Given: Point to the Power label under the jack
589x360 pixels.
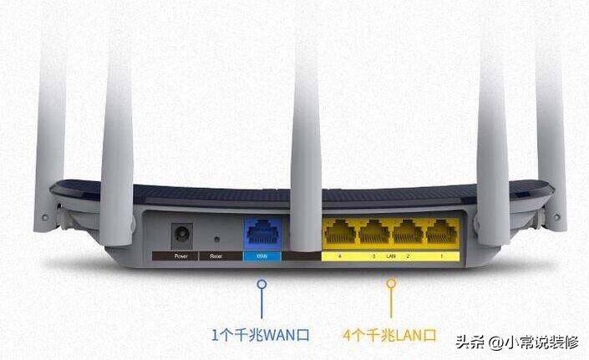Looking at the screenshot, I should [181, 256].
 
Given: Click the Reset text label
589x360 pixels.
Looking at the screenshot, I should [216, 256].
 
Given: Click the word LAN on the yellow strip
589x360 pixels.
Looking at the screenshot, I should [390, 256].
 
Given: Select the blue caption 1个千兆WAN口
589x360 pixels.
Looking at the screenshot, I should [261, 336].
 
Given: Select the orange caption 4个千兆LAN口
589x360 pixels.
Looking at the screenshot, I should [390, 336].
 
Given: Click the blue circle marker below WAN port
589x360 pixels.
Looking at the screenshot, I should [261, 284].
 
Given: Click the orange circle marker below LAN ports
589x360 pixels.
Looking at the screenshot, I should [390, 284].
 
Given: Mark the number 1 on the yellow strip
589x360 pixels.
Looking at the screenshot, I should [441, 256].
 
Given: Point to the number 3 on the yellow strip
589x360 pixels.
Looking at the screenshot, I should [373, 256].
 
